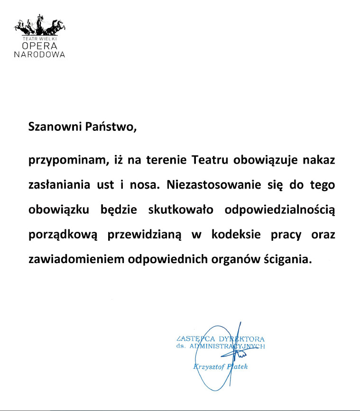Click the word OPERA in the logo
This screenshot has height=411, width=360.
click(x=39, y=46)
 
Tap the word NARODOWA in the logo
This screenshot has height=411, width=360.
click(x=39, y=54)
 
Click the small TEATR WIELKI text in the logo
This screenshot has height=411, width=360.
click(x=39, y=37)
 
